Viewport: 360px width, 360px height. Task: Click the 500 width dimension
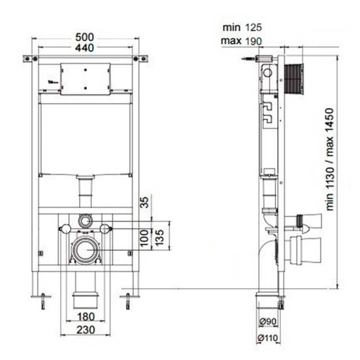pos(84,37)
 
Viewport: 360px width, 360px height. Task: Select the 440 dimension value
pos(84,48)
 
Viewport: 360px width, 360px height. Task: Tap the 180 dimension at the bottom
pos(86,317)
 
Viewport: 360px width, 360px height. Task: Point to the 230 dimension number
pos(86,330)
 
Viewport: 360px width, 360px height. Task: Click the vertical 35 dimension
pos(145,202)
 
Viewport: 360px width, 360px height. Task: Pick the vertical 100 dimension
pos(145,238)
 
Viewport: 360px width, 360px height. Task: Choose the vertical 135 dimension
pos(160,238)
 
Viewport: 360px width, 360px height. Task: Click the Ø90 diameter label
pos(268,321)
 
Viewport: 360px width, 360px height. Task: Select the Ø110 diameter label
pos(268,338)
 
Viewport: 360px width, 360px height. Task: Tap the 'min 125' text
pos(242,27)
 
